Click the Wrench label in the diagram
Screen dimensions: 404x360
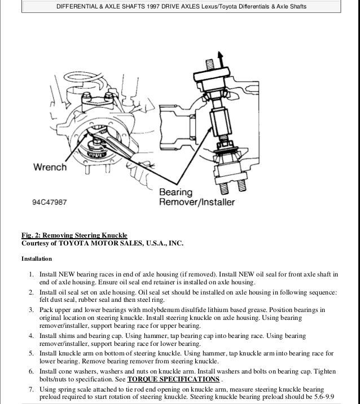click(50, 168)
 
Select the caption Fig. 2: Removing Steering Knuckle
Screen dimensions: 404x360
click(75, 235)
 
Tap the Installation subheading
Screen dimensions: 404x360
click(37, 260)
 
